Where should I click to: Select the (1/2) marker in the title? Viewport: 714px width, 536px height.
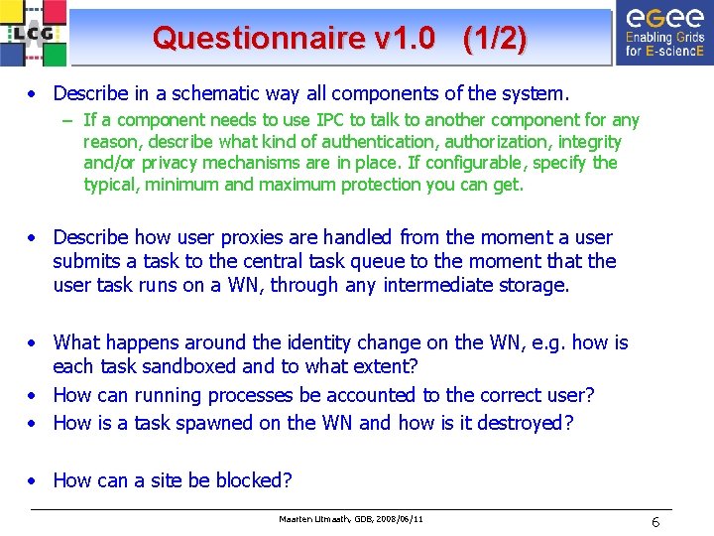[x=494, y=39]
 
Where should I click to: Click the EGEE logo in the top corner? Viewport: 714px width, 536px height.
[x=662, y=33]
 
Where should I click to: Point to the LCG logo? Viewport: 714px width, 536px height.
[x=35, y=33]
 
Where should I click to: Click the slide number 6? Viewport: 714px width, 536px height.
[x=655, y=522]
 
